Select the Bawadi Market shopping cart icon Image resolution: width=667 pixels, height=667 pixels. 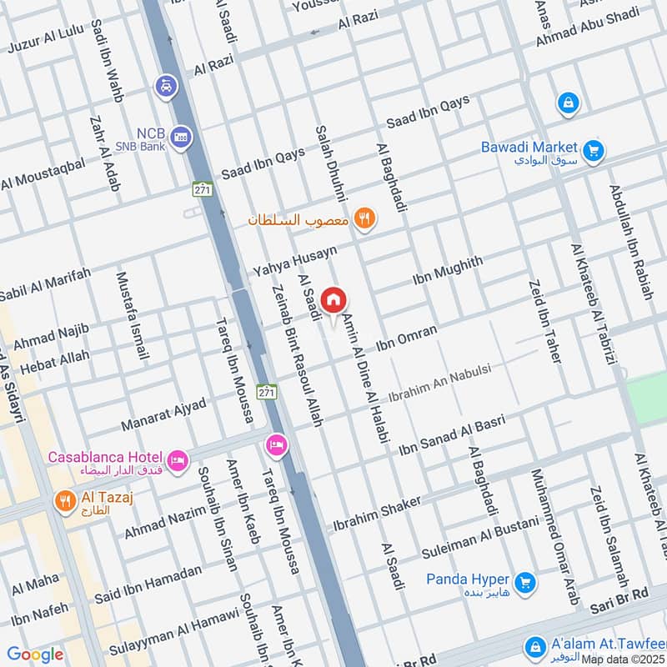(594, 150)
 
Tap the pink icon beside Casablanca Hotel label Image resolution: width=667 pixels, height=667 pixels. (177, 459)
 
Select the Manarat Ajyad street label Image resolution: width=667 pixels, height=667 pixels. (163, 414)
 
